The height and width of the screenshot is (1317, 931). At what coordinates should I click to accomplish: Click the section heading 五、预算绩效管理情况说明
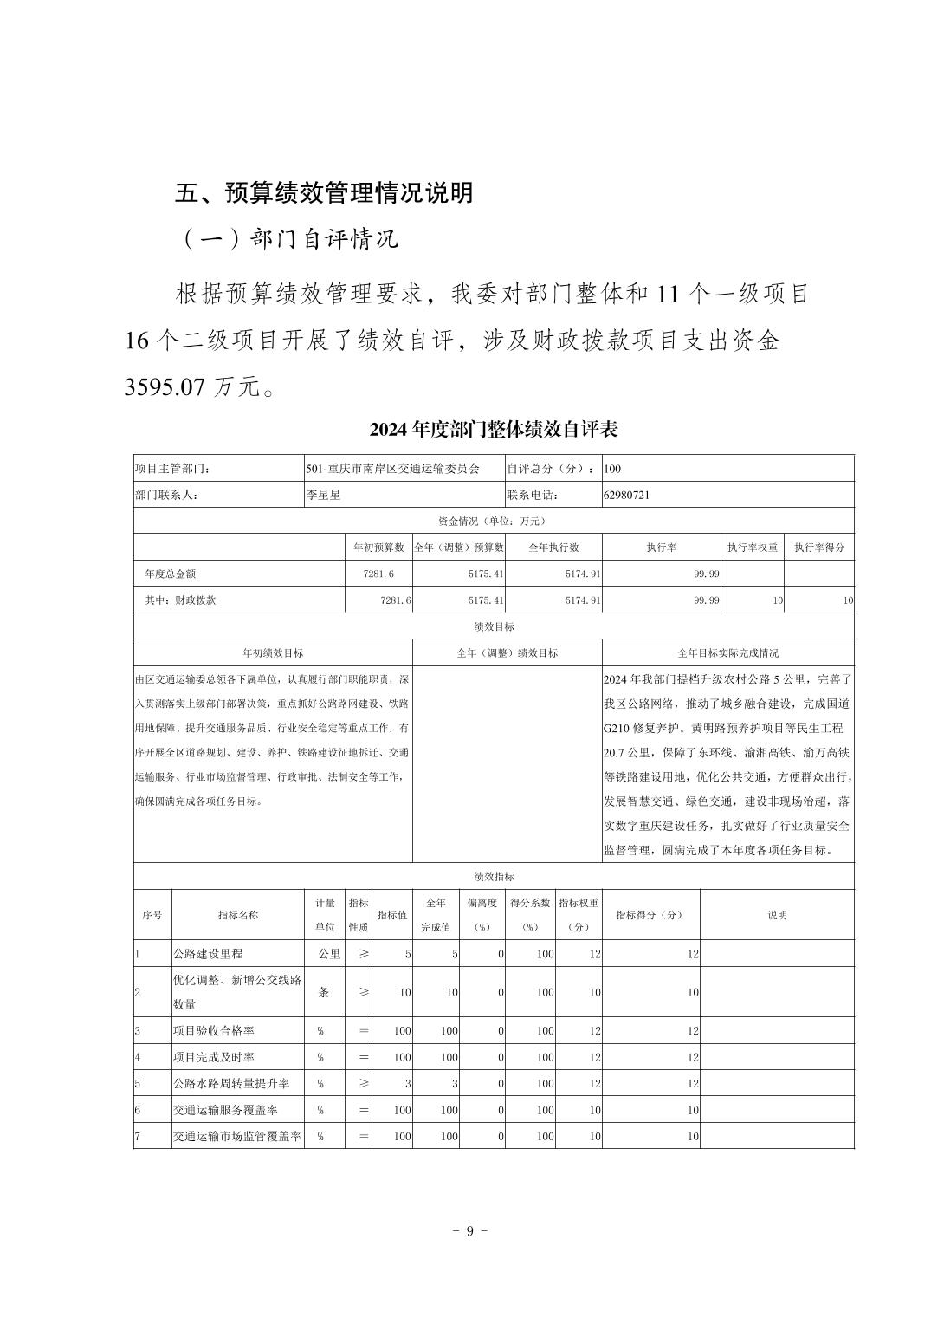click(x=325, y=192)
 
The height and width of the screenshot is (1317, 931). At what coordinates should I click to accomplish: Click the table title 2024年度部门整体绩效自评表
click(x=494, y=429)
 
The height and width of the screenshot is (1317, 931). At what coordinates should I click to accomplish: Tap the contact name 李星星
click(x=323, y=495)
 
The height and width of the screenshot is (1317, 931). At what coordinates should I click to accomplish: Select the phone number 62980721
click(x=626, y=495)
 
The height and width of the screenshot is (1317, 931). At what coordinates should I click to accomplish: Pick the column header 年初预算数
click(x=378, y=548)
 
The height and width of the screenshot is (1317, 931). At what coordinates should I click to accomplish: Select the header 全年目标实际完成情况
click(x=727, y=652)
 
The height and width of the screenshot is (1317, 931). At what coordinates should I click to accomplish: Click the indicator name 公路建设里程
click(x=208, y=953)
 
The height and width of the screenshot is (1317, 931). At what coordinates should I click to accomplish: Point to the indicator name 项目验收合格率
click(x=213, y=1031)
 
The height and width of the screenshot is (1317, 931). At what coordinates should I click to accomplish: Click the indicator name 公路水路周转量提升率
click(x=230, y=1083)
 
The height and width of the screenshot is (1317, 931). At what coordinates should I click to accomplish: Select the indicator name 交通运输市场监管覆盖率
click(x=236, y=1136)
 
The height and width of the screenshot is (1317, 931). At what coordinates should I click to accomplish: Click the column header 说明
click(x=777, y=915)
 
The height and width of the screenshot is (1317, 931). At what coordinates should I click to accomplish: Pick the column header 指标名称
click(x=238, y=915)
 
